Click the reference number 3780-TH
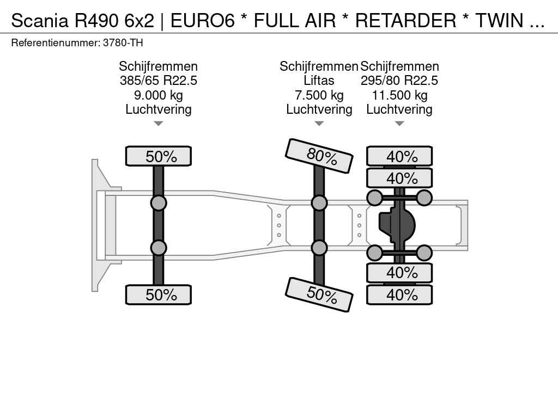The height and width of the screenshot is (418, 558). (123, 42)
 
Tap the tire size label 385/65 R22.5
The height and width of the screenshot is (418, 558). (158, 81)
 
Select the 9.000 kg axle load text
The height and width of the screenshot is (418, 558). (158, 95)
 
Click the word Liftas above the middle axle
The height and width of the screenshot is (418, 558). (319, 81)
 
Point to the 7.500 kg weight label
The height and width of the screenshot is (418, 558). (319, 95)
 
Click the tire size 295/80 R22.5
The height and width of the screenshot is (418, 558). (399, 81)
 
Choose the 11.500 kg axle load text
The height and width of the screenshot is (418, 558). (399, 95)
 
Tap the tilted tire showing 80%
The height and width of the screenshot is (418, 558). (319, 156)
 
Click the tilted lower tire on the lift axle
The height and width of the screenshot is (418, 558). (319, 294)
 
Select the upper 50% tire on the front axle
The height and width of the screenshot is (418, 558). (158, 156)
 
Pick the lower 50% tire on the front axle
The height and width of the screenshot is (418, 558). (158, 294)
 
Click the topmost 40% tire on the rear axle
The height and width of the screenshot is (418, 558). (399, 156)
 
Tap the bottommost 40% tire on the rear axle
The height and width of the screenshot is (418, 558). (399, 294)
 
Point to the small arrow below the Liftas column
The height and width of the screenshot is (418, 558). (319, 124)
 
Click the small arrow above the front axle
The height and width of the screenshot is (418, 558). (158, 124)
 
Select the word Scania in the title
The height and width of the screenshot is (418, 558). (40, 21)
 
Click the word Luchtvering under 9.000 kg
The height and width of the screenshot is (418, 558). (158, 109)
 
